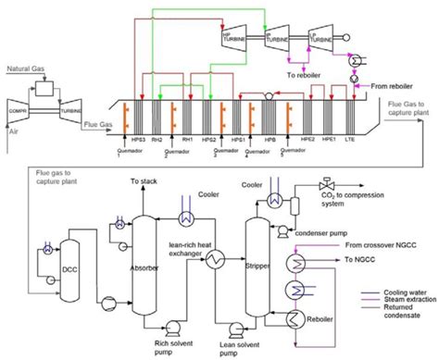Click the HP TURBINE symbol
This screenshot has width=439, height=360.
233,35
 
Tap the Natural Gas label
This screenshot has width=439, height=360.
26,68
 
